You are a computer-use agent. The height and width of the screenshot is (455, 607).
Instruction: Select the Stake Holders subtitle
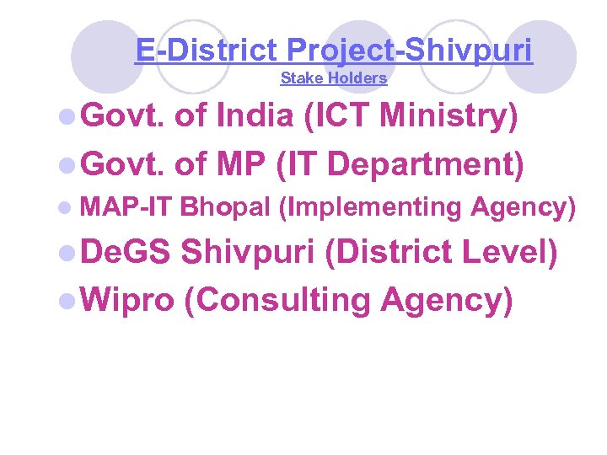(333, 78)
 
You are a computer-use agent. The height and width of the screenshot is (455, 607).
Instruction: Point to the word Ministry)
(449, 117)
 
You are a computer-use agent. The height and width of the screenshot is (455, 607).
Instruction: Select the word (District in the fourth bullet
(387, 253)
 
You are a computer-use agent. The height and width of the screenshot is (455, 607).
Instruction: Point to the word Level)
(508, 253)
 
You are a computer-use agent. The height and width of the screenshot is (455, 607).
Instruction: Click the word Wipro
(130, 298)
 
